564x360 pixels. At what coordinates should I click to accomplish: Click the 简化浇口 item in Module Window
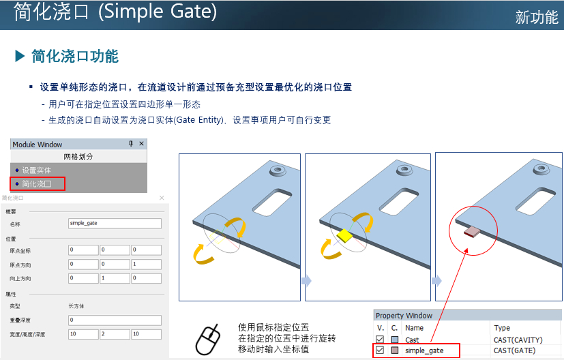tap(37, 184)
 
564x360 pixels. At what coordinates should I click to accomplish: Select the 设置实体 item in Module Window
tap(37, 170)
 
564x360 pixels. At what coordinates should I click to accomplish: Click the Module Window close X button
tap(141, 144)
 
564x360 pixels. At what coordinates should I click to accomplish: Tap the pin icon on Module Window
tap(131, 144)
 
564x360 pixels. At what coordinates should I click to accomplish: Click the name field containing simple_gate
tap(115, 224)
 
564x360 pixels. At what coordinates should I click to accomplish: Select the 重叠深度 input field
tap(115, 320)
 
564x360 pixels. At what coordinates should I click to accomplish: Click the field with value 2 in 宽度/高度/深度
tap(115, 334)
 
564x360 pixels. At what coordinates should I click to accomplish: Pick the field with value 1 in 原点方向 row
tap(146, 265)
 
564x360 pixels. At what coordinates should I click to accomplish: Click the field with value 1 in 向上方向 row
tap(115, 278)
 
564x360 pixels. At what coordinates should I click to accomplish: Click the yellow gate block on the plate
tap(344, 235)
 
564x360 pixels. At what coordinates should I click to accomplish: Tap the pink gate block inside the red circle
tap(472, 232)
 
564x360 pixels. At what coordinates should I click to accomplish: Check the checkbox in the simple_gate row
tap(379, 350)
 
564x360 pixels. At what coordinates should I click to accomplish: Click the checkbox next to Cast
tap(379, 339)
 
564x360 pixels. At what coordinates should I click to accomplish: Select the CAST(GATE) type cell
tap(514, 350)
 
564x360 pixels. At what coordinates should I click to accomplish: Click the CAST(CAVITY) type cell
tap(518, 340)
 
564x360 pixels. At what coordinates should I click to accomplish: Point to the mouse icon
tap(208, 340)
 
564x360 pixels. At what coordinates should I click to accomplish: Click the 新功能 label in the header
tap(537, 17)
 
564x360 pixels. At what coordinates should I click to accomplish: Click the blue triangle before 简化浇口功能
tap(19, 57)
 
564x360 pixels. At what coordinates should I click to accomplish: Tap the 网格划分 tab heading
tap(78, 157)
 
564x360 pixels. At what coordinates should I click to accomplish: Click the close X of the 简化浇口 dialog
tap(162, 198)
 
